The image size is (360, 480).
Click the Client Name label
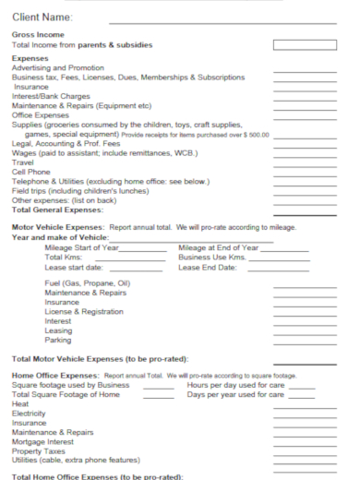pyautogui.click(x=42, y=18)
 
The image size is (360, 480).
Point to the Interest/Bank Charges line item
pyautogui.click(x=51, y=95)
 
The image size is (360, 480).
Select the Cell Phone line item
pyautogui.click(x=30, y=172)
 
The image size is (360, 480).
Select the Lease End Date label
pyautogui.click(x=208, y=268)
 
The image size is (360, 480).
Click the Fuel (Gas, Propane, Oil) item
pyautogui.click(x=87, y=282)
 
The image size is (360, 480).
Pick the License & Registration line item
pyautogui.click(x=84, y=311)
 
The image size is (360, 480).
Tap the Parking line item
pyautogui.click(x=57, y=340)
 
